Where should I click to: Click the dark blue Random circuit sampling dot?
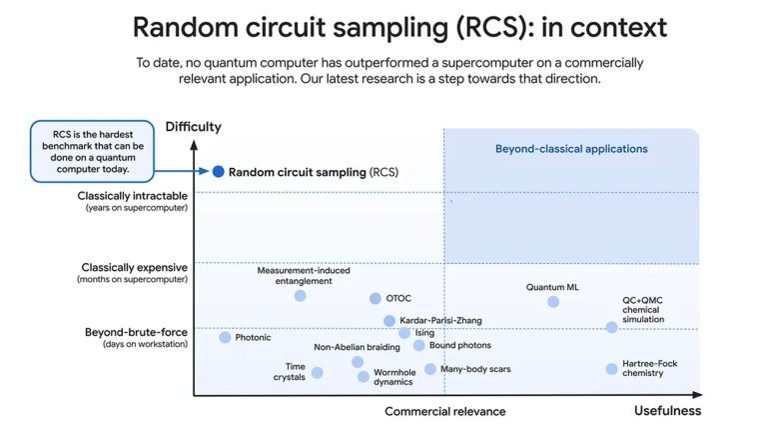pos(218,171)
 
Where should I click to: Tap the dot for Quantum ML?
pos(553,302)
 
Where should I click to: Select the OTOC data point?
pos(376,298)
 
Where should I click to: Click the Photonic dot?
pos(225,337)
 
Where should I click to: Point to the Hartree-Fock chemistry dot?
pos(611,369)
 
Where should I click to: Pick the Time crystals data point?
pos(317,373)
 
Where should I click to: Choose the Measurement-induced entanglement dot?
pos(301,295)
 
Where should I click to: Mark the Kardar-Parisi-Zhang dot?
pos(389,321)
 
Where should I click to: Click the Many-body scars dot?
pos(430,369)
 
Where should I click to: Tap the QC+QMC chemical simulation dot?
pos(611,327)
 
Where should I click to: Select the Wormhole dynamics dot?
pos(363,376)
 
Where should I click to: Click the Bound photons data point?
pos(418,345)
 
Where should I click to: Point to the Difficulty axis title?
pos(193,127)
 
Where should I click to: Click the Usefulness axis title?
pos(668,410)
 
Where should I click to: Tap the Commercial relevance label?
pos(445,411)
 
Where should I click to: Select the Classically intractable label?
pos(132,196)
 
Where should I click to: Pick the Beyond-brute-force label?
pos(136,332)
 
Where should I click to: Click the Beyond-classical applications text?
pos(571,149)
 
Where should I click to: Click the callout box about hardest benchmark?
pos(93,151)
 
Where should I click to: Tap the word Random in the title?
pos(186,27)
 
